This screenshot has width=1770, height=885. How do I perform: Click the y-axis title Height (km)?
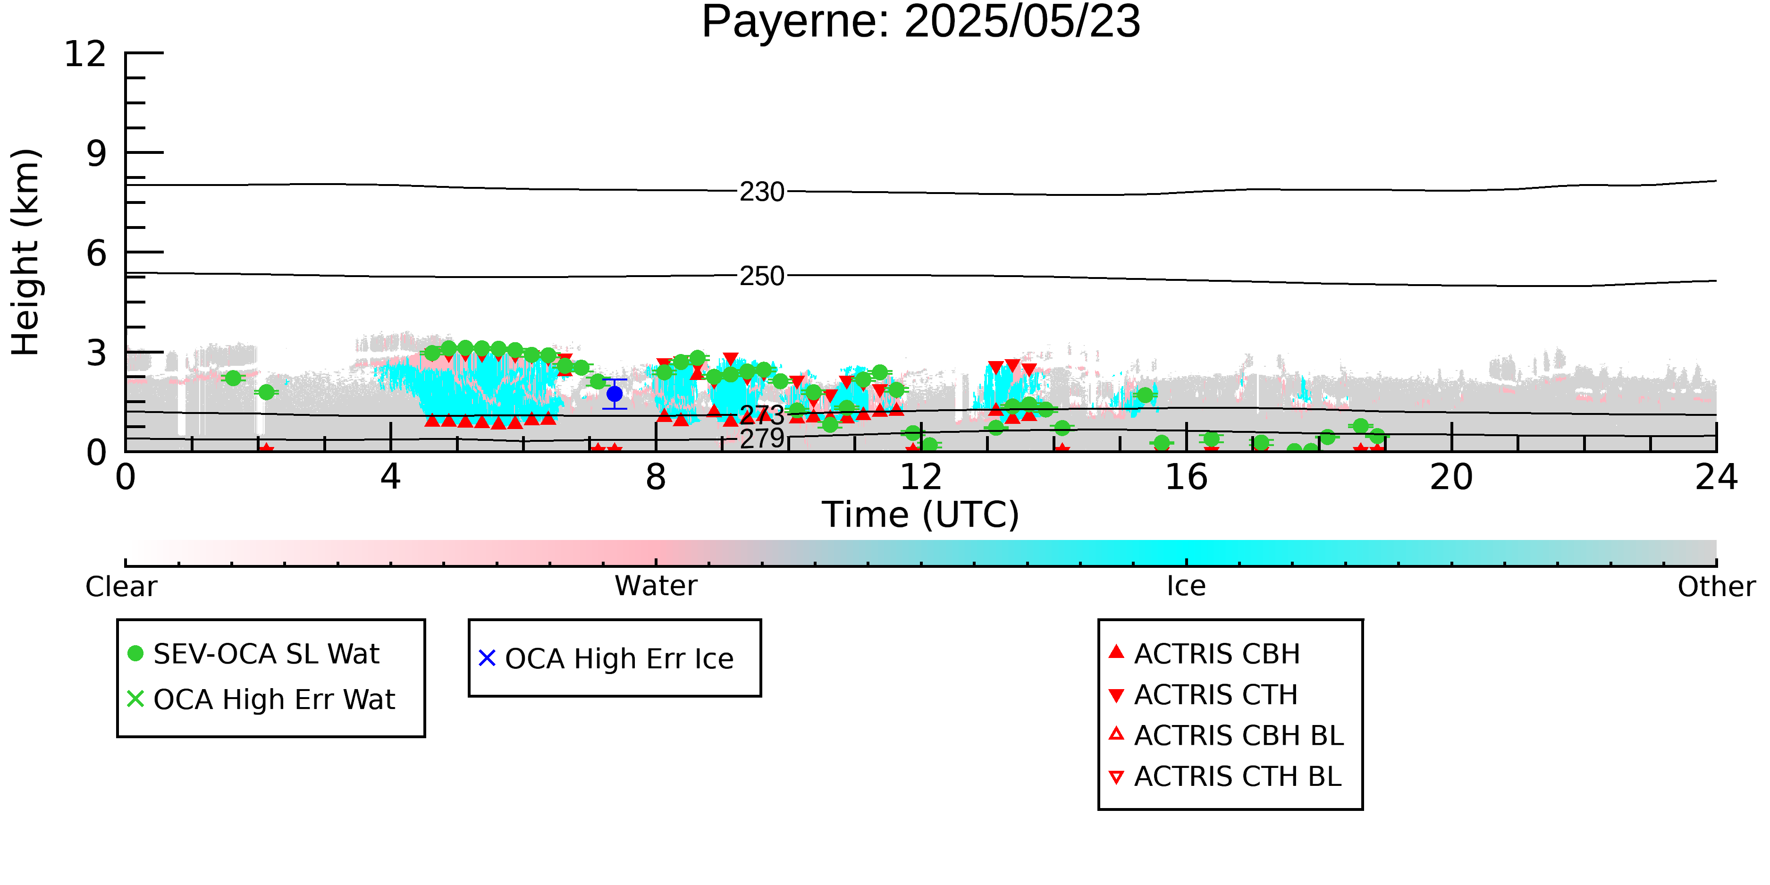(x=25, y=252)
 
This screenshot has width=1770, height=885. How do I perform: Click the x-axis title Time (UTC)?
(x=921, y=514)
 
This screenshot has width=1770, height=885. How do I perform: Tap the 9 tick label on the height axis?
(x=97, y=153)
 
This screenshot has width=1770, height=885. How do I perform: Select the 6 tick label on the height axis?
(x=97, y=253)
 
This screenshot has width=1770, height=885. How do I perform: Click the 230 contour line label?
(x=762, y=192)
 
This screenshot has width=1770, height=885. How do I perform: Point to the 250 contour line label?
(x=762, y=276)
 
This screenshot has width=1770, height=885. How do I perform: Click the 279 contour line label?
(x=762, y=438)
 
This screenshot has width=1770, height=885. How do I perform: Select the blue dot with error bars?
(x=614, y=394)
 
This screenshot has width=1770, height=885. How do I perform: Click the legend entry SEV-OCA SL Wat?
(x=254, y=653)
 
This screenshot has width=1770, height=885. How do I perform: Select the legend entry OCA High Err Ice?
(x=606, y=658)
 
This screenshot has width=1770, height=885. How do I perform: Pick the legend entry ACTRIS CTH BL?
(x=1225, y=776)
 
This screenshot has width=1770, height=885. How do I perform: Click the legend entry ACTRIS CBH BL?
(x=1227, y=735)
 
